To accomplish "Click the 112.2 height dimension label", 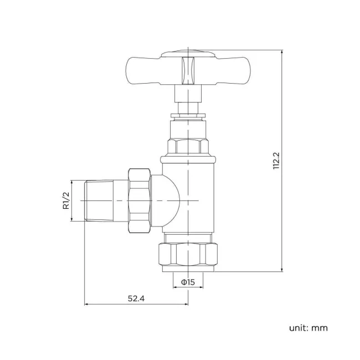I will click(x=277, y=161).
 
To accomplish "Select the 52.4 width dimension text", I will click(x=136, y=299).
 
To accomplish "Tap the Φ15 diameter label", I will click(x=188, y=282).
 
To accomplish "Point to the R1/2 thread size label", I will click(x=65, y=200).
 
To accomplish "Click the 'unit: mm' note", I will click(x=308, y=327).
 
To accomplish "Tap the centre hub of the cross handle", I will click(x=188, y=70).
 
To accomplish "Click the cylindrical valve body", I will click(x=188, y=194).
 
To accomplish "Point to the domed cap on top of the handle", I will click(x=188, y=54).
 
